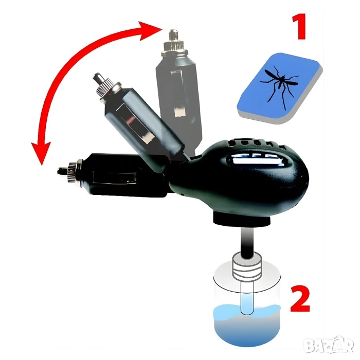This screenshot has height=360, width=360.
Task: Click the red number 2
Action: click(300, 298)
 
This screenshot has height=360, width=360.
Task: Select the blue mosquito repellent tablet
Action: click(280, 88)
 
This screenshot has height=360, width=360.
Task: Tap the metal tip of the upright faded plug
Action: click(173, 34)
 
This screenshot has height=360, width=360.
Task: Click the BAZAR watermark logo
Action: click(328, 345)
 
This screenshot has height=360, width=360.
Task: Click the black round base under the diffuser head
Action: click(242, 219)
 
